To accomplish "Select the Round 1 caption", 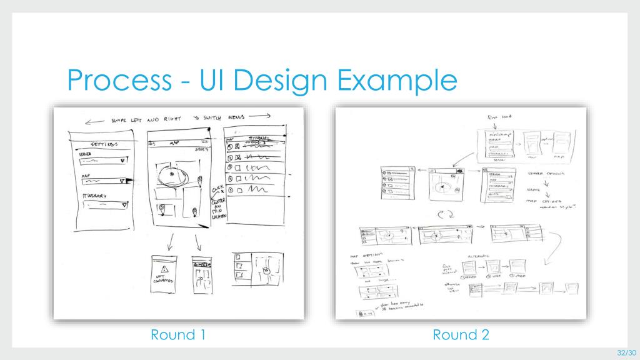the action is (178, 335).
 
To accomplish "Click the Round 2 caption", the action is (461, 335).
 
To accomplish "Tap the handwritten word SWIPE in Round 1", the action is (122, 121).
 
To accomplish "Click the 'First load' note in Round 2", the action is (497, 116).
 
